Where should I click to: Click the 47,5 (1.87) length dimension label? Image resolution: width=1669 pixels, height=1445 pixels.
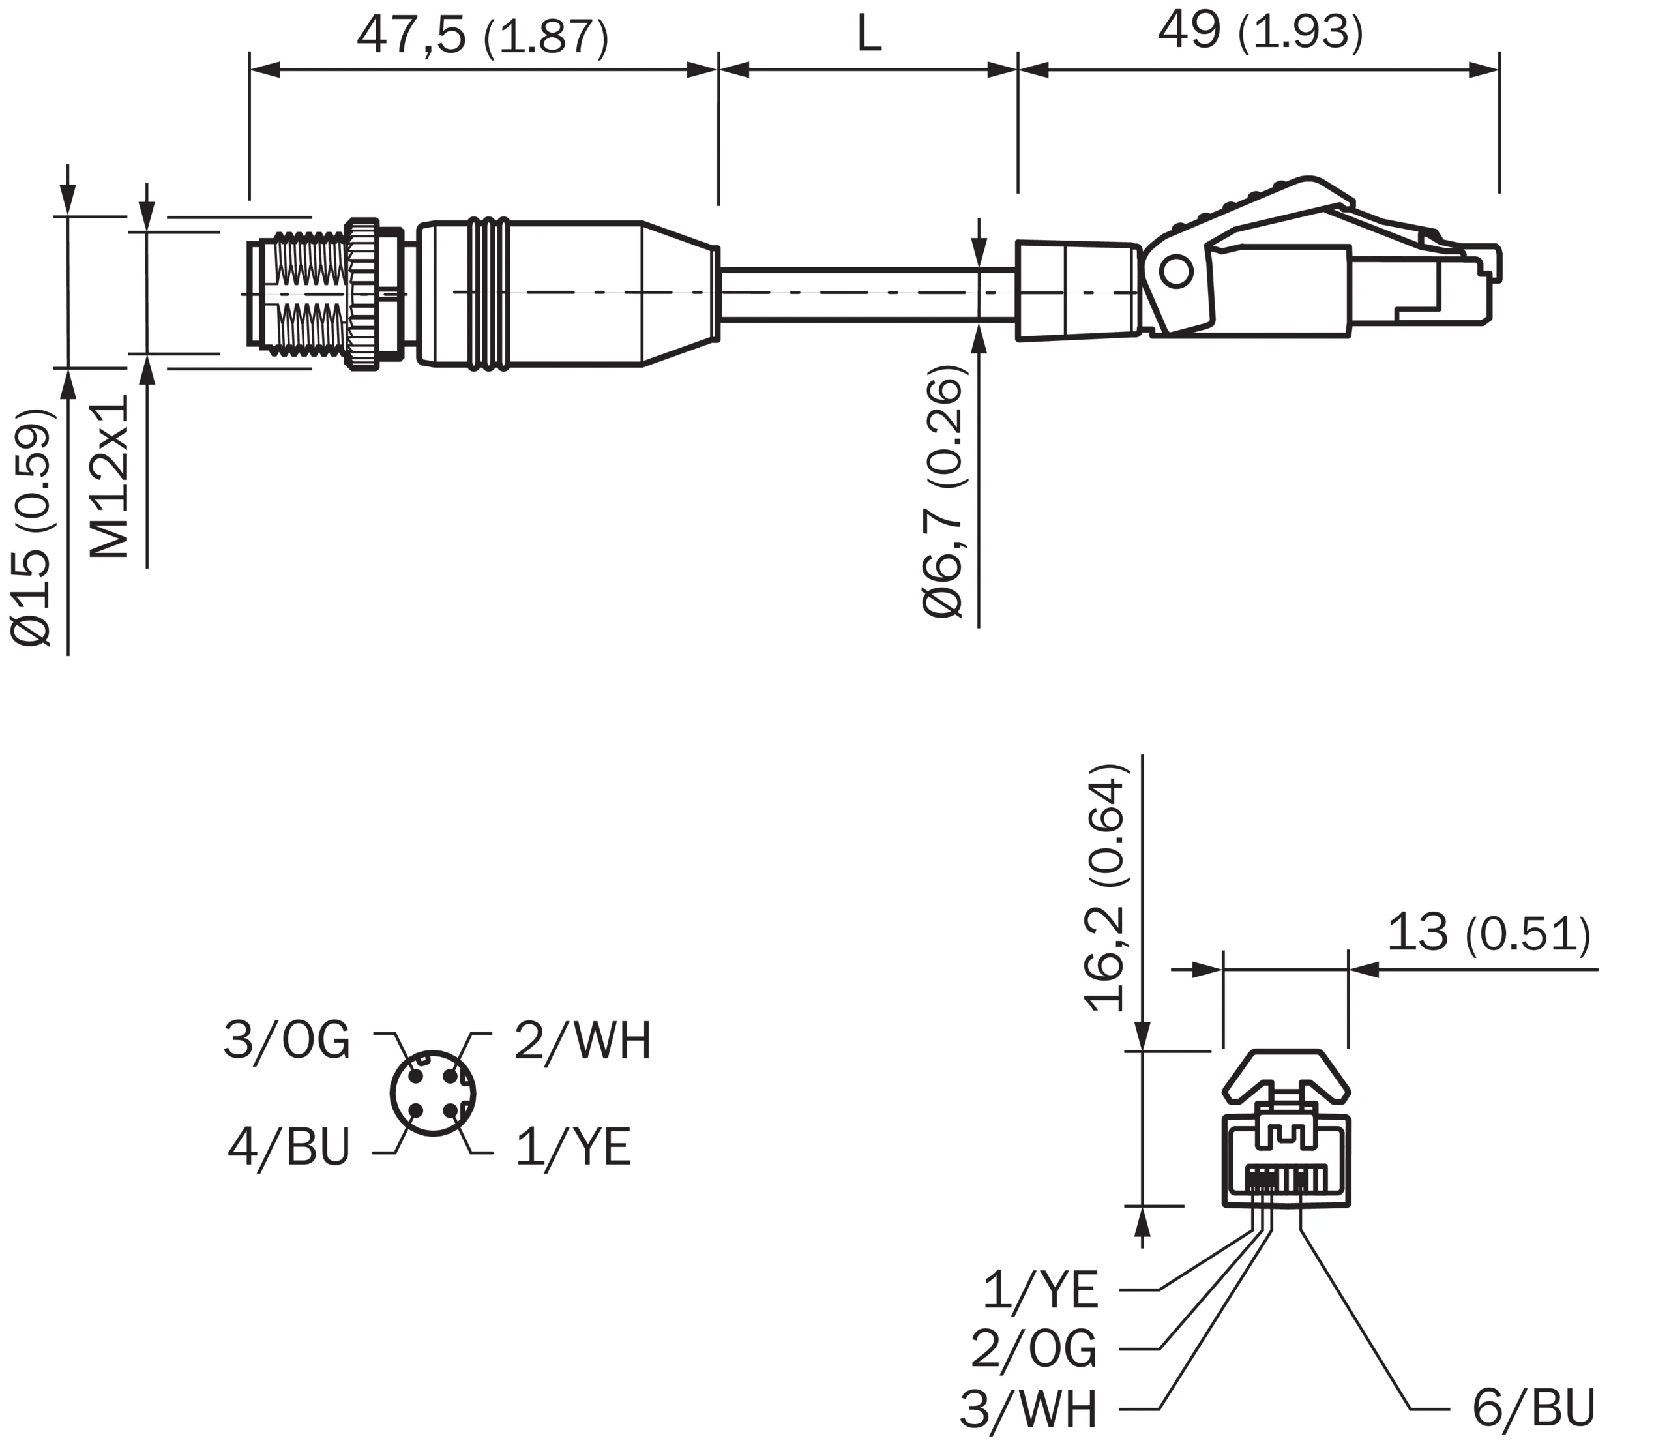coord(482,37)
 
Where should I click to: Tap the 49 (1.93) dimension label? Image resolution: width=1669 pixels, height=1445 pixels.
coord(1260,32)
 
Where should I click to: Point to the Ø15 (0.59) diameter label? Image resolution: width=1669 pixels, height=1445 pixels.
coord(32,528)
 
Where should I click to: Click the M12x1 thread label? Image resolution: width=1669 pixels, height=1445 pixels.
coord(109,476)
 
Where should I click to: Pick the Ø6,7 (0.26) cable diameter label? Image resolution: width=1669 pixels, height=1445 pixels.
coord(943,491)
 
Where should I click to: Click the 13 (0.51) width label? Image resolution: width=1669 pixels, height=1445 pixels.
coord(1489,933)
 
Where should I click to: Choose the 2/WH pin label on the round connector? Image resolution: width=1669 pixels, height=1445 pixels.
coord(583,1040)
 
